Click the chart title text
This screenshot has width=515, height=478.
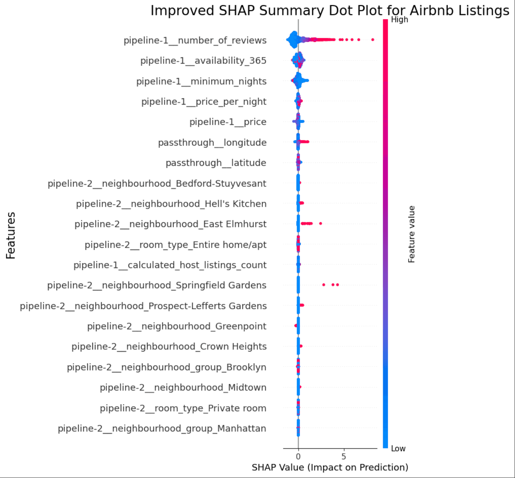(330, 11)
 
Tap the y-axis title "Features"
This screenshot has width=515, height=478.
(11, 235)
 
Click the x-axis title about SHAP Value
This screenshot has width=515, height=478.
(330, 467)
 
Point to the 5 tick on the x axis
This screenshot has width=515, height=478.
(344, 457)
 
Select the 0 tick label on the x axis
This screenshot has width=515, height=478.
(298, 457)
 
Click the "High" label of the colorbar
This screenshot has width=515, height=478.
(399, 20)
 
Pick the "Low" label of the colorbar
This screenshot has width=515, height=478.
(398, 448)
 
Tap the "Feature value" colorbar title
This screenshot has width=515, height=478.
(411, 234)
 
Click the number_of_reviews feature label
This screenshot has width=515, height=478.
(195, 40)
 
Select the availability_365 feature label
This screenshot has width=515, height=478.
(203, 61)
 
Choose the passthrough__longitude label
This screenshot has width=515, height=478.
(212, 143)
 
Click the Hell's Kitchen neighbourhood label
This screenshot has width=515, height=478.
(171, 204)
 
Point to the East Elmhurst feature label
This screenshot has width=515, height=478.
(170, 224)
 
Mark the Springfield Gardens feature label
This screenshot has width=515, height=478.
(157, 285)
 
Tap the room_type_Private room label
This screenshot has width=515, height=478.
(183, 408)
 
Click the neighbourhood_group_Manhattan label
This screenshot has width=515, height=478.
(162, 429)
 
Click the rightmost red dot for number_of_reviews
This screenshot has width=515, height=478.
(372, 39)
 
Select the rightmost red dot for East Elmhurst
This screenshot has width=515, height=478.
(320, 223)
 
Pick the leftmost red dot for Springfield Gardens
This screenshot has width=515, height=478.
(324, 285)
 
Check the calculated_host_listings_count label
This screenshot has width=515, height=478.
(170, 265)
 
